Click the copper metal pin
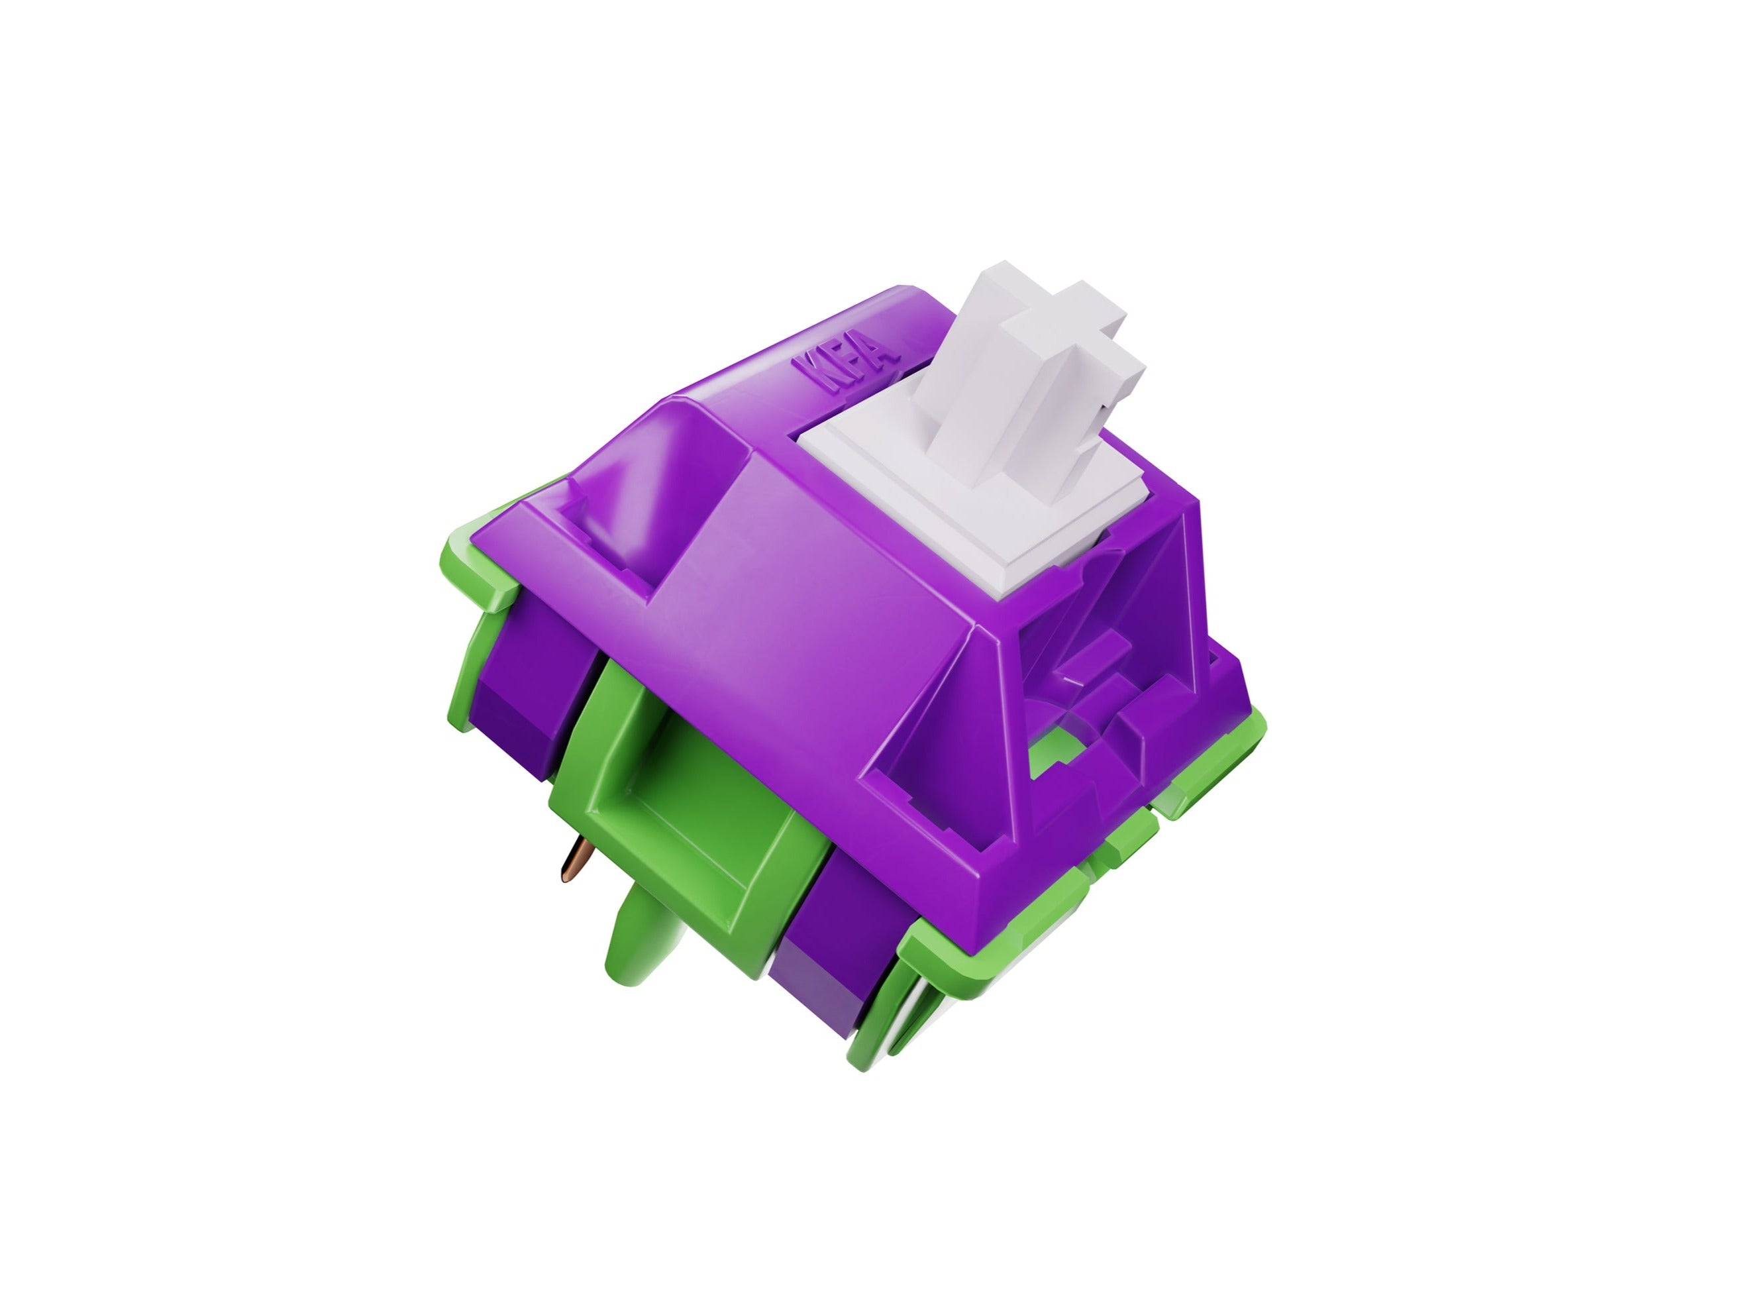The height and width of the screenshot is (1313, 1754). tap(574, 861)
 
